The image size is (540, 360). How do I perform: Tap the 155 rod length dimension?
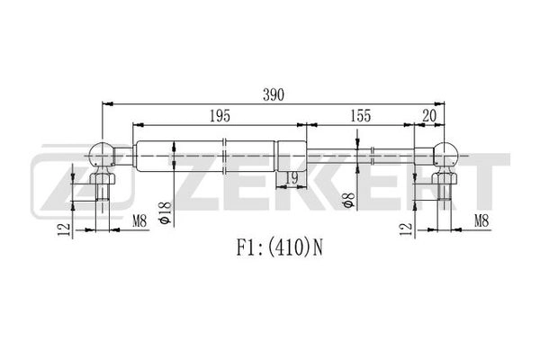360,116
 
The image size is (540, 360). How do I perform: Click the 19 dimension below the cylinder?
291,179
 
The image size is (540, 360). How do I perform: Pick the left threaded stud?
103,190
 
